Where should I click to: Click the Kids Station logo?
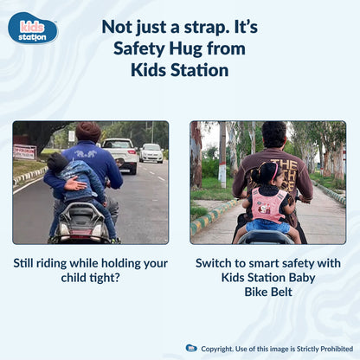[33, 28]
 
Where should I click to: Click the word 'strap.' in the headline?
[206, 27]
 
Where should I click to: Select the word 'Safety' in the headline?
[140, 48]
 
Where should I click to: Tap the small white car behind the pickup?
[151, 153]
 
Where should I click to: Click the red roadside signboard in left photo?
[24, 151]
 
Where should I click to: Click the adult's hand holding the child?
[70, 184]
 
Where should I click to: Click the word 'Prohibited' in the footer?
[332, 348]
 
